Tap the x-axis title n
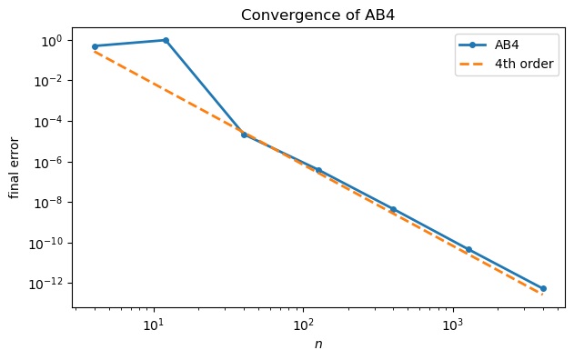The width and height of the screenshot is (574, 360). [x=318, y=346]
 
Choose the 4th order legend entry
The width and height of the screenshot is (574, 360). [x=524, y=65]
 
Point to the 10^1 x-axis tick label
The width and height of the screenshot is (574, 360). [x=154, y=325]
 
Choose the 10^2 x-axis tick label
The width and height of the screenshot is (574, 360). [x=303, y=325]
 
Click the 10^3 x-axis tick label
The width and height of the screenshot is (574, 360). [x=452, y=325]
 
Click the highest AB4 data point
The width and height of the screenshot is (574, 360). [x=166, y=40]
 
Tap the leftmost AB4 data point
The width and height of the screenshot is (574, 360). [x=95, y=46]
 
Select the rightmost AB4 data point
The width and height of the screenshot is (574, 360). [x=543, y=288]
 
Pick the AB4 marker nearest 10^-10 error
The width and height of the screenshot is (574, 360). [x=468, y=249]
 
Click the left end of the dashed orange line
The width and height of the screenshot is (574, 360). [x=95, y=51]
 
